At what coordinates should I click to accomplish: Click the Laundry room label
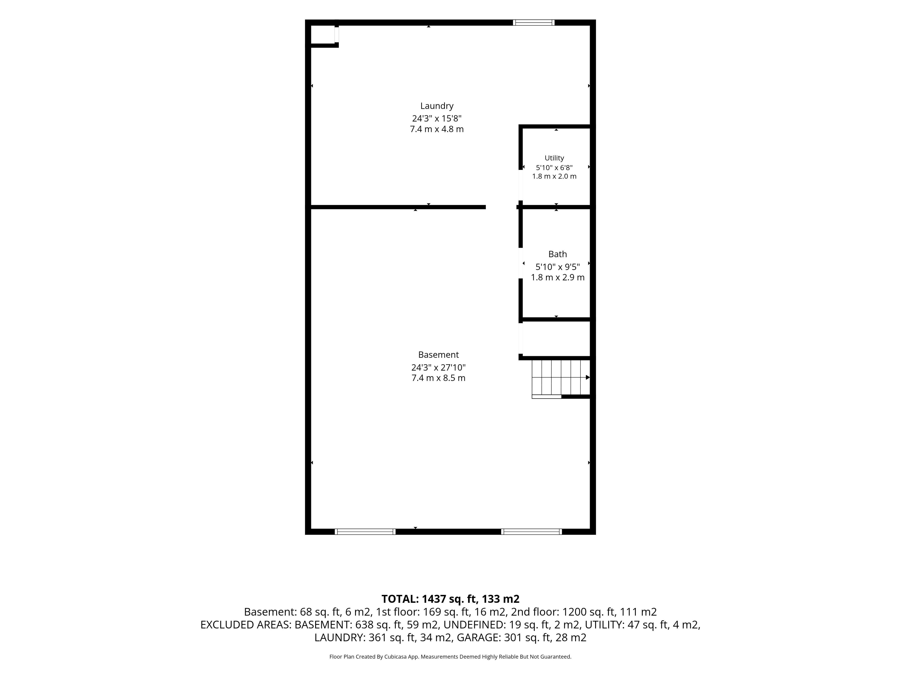point(437,106)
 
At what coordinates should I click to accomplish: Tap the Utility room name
point(554,158)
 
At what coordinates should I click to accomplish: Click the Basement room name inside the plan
point(438,355)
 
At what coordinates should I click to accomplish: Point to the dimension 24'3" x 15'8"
point(437,118)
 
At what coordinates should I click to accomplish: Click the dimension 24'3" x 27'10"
point(438,367)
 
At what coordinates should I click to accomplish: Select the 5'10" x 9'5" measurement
point(558,267)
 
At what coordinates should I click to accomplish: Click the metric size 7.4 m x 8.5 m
point(438,378)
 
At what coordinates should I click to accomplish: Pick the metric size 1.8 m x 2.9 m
point(558,277)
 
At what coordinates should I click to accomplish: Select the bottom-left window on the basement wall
point(365,531)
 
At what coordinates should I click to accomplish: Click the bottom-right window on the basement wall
point(531,531)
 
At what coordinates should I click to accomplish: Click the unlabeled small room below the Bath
point(556,338)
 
